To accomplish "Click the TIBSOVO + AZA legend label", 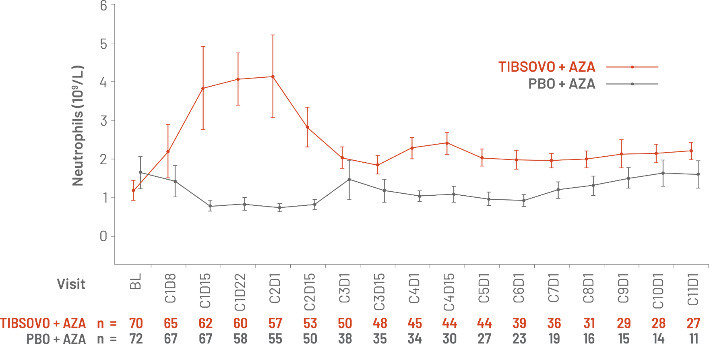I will pyautogui.click(x=547, y=66).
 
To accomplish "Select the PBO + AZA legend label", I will pyautogui.click(x=562, y=84).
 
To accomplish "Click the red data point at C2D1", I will pyautogui.click(x=273, y=77).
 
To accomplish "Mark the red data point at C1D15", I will pyautogui.click(x=203, y=88).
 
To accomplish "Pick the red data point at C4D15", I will pyautogui.click(x=447, y=143).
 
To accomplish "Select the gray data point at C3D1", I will pyautogui.click(x=349, y=179).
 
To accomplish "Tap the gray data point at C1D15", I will pyautogui.click(x=210, y=206).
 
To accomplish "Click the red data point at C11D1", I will pyautogui.click(x=691, y=151).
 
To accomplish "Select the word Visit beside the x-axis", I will pyautogui.click(x=71, y=284).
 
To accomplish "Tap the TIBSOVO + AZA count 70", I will pyautogui.click(x=136, y=323).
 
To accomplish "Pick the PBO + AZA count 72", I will pyautogui.click(x=136, y=339).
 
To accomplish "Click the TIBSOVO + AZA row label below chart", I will pyautogui.click(x=43, y=323).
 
